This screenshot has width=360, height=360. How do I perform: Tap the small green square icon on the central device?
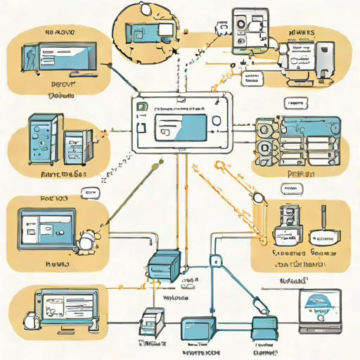[x=141, y=107]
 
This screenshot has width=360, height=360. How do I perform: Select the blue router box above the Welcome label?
[x=165, y=265]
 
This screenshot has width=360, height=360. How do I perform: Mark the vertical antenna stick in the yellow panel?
[x=323, y=219]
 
